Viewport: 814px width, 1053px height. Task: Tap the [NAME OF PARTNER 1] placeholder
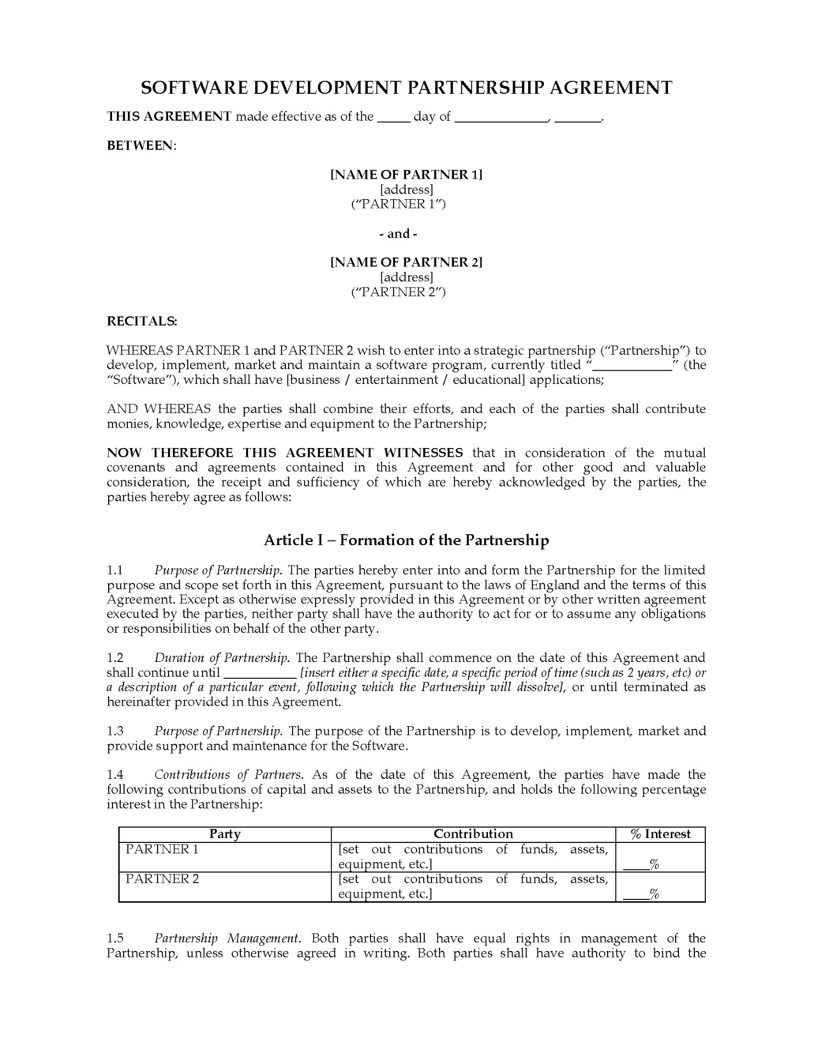tap(406, 174)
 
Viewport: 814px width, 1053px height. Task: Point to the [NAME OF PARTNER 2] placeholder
tap(406, 262)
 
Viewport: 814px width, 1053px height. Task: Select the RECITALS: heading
tap(142, 321)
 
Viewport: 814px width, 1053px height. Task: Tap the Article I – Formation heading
tap(406, 540)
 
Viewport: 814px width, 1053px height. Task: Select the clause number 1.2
tap(115, 658)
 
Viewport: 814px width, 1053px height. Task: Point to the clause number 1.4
tap(115, 774)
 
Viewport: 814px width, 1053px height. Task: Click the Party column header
tap(225, 834)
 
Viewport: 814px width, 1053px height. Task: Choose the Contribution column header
tap(473, 834)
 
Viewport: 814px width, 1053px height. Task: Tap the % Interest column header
tap(660, 834)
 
